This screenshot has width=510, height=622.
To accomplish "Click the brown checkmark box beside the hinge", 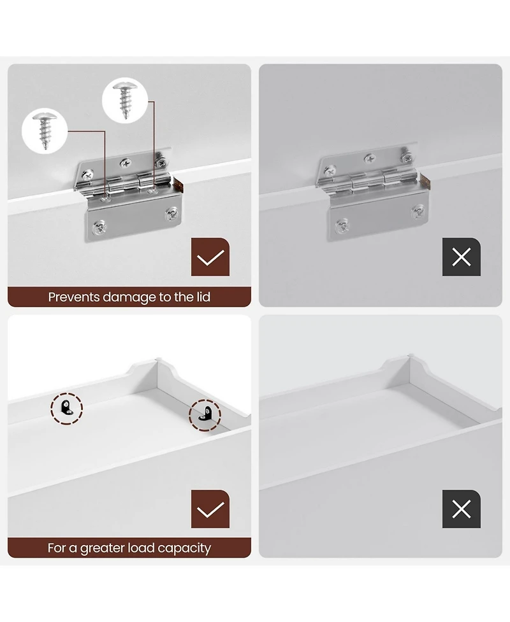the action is pyautogui.click(x=210, y=257).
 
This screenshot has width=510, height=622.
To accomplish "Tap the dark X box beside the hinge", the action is pyautogui.click(x=461, y=257).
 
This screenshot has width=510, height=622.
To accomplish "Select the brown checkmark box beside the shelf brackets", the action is pyautogui.click(x=210, y=509).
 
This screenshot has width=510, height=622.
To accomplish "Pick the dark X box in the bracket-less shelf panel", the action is pyautogui.click(x=461, y=509).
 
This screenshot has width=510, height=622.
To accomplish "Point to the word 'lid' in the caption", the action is pyautogui.click(x=203, y=297).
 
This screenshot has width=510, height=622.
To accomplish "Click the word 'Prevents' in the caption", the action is pyautogui.click(x=74, y=297).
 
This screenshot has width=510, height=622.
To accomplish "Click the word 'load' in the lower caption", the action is pyautogui.click(x=141, y=548).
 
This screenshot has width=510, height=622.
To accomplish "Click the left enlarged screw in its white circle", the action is pyautogui.click(x=45, y=131).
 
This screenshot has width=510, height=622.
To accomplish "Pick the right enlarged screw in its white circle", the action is pyautogui.click(x=125, y=101).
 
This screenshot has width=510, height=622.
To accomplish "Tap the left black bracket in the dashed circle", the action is pyautogui.click(x=66, y=408).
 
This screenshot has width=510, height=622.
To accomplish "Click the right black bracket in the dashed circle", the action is pyautogui.click(x=205, y=414).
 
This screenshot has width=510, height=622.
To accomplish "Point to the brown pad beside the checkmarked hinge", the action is pyautogui.click(x=178, y=185).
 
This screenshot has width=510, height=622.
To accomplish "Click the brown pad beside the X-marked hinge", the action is pyautogui.click(x=426, y=181).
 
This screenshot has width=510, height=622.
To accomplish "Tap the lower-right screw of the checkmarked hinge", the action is pyautogui.click(x=171, y=214).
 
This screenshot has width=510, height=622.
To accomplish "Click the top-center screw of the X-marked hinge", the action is pyautogui.click(x=370, y=159).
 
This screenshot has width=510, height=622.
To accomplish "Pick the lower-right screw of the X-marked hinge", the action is pyautogui.click(x=418, y=211).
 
